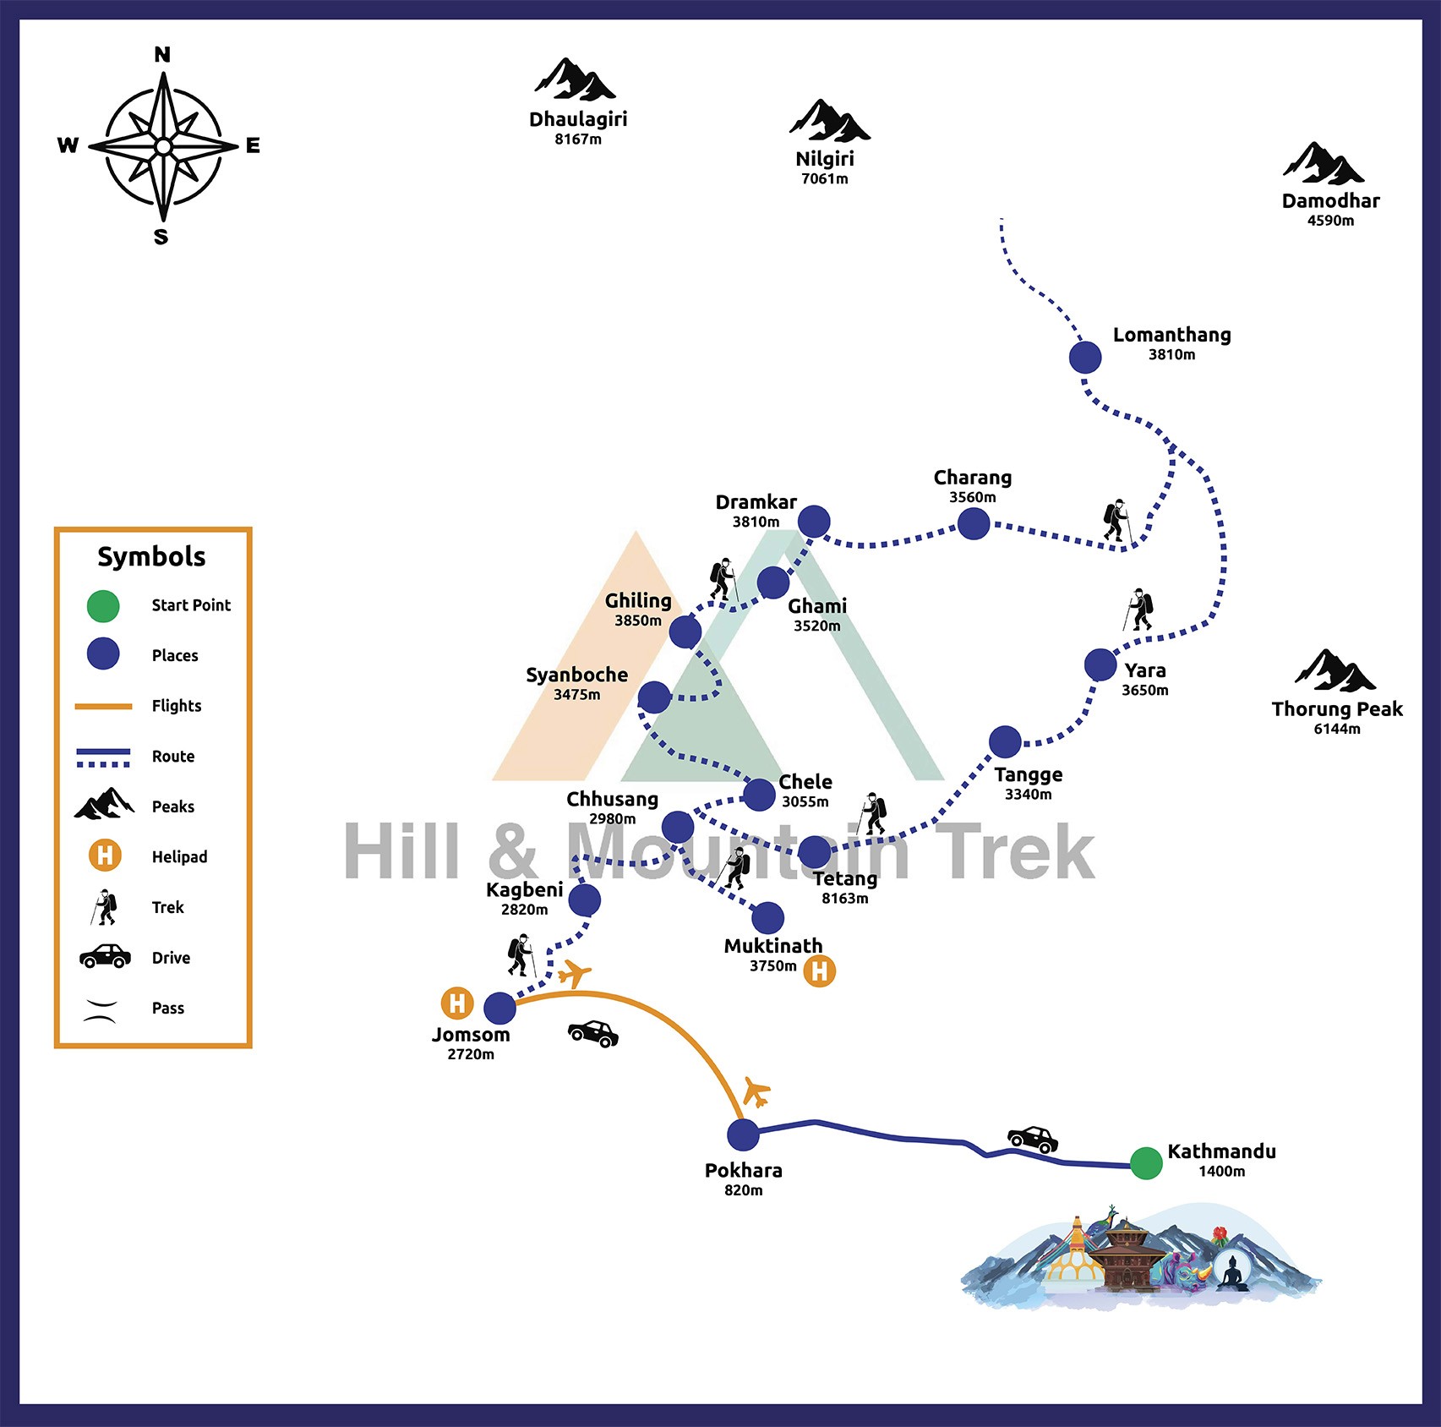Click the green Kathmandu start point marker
(x=1146, y=1163)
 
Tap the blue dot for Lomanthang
(x=1085, y=358)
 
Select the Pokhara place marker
(x=743, y=1135)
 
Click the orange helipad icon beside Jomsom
(x=457, y=1003)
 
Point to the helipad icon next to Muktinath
(x=819, y=971)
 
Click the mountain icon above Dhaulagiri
(x=575, y=80)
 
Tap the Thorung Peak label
(x=1337, y=709)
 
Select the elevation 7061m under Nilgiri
(x=825, y=178)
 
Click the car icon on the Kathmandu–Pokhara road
(x=1032, y=1140)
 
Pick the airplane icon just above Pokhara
(x=756, y=1091)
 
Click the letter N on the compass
(x=162, y=55)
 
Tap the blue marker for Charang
(x=974, y=524)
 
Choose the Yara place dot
(x=1100, y=665)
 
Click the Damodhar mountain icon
(x=1323, y=164)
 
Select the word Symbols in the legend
(x=151, y=557)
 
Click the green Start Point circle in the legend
(x=103, y=606)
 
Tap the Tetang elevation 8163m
(x=845, y=899)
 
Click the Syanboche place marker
(x=654, y=697)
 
